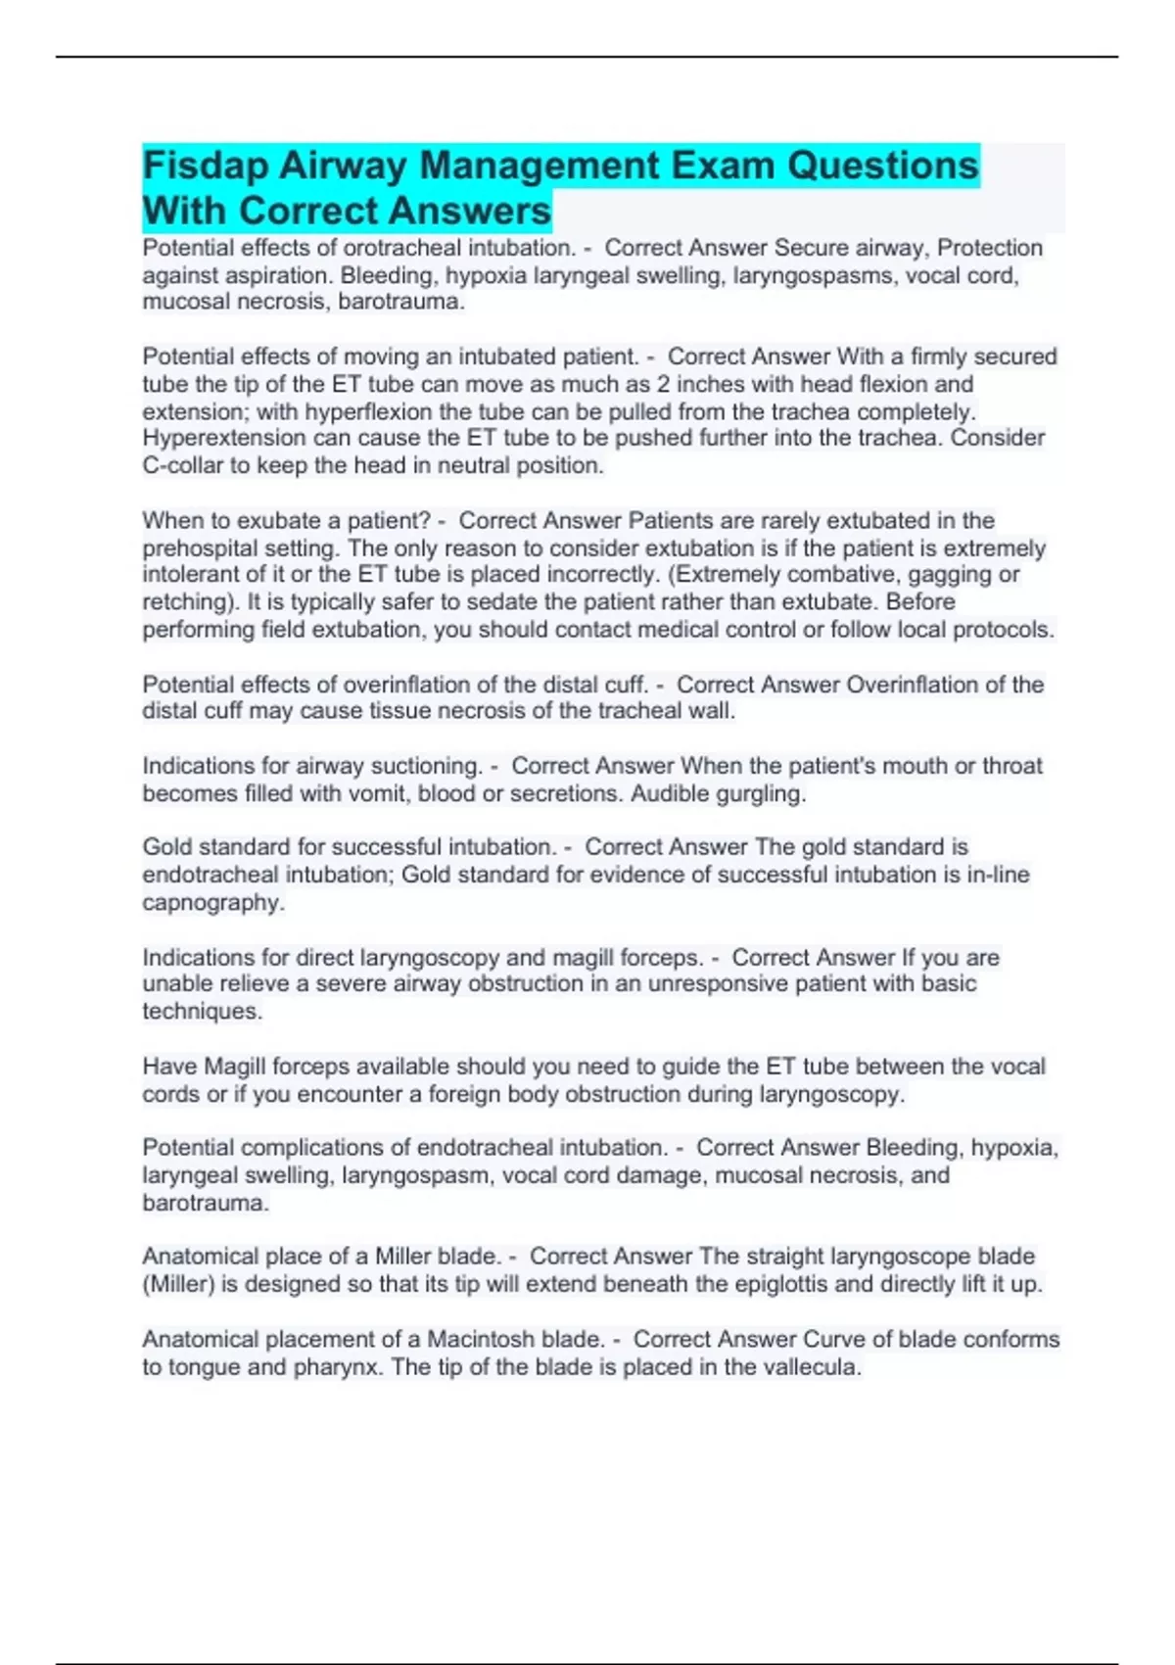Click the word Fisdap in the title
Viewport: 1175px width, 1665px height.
tap(206, 166)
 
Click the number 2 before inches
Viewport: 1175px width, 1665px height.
tap(664, 384)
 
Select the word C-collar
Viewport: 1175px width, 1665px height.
tap(183, 465)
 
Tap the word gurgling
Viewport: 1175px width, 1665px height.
tap(762, 793)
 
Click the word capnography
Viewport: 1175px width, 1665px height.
tap(212, 902)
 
